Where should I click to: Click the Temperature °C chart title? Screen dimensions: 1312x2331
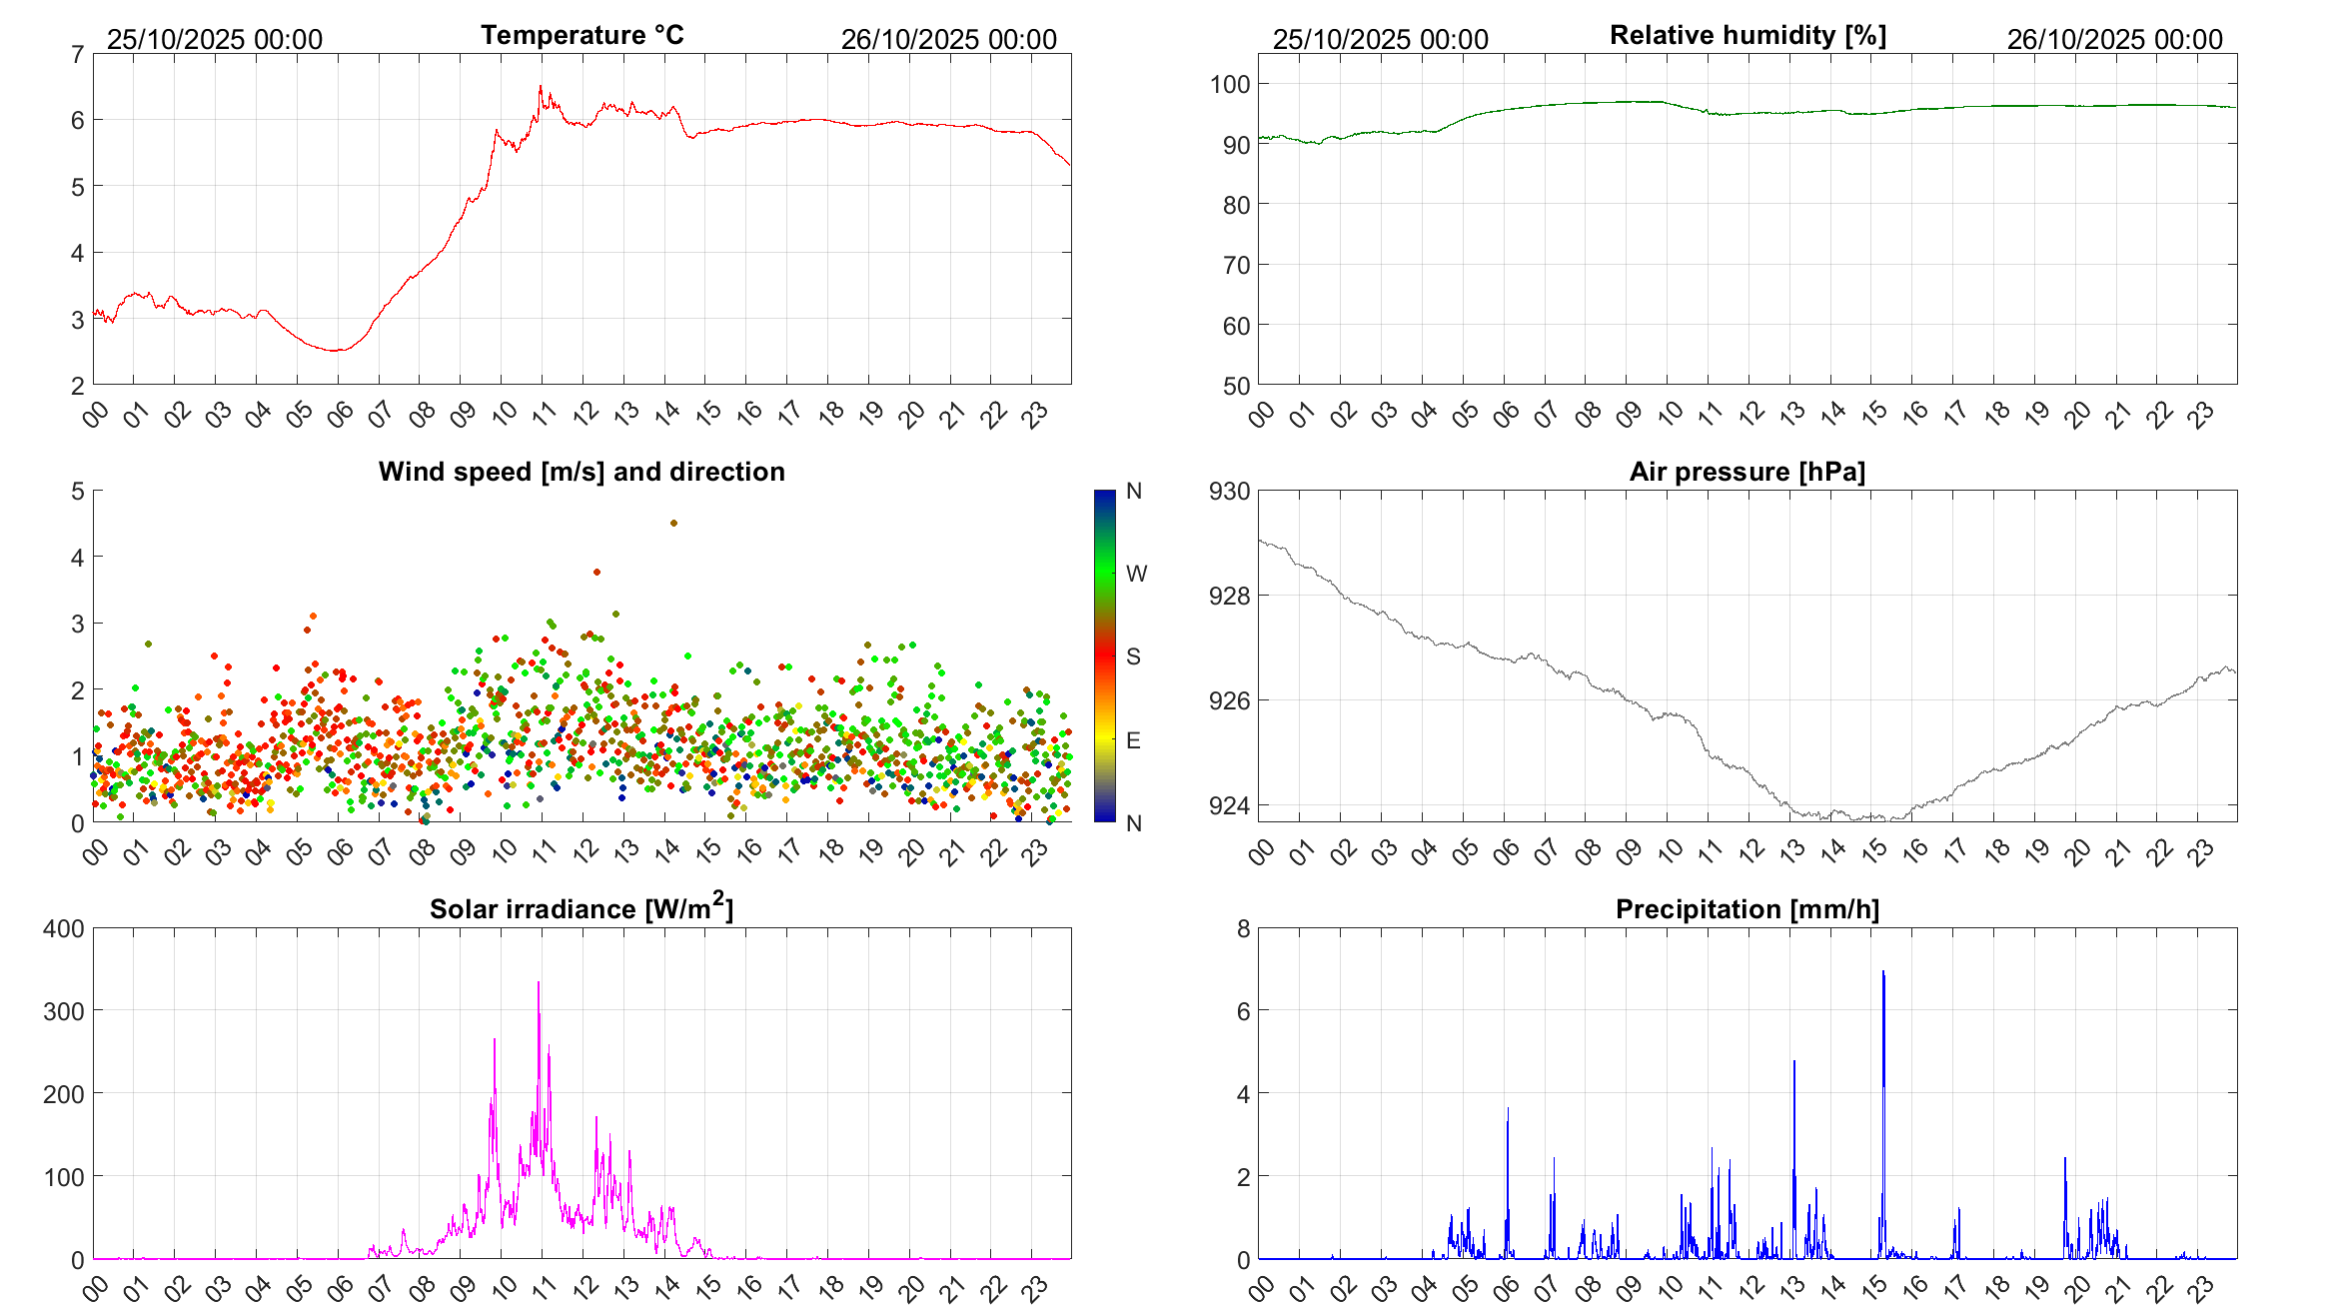(x=583, y=35)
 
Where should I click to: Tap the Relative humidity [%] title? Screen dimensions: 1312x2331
(x=1748, y=35)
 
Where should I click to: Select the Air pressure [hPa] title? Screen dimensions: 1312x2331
(x=1748, y=472)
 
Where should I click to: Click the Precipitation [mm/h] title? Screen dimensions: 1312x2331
(x=1748, y=909)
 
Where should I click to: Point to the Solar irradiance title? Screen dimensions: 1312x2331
(x=582, y=908)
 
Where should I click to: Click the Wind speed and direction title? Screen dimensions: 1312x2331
(x=582, y=472)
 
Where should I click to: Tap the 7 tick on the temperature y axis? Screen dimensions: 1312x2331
(x=77, y=54)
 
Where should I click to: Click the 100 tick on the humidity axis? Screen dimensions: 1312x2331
(x=1230, y=84)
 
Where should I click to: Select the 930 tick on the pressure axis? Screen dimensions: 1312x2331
(x=1230, y=491)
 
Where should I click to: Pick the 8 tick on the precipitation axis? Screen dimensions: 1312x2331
(x=1243, y=928)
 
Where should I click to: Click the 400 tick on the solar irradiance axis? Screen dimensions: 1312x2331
(x=64, y=928)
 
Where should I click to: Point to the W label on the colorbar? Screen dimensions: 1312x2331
(x=1136, y=574)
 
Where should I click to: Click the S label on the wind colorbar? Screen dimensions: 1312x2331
(x=1133, y=656)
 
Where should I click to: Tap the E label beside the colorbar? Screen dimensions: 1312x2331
(x=1133, y=740)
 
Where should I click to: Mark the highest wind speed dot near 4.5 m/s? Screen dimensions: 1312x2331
(x=673, y=523)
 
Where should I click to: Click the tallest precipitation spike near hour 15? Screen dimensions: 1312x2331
(x=1883, y=971)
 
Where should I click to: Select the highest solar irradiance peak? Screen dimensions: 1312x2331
(x=539, y=982)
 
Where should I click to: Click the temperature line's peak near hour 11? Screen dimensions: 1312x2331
(x=541, y=87)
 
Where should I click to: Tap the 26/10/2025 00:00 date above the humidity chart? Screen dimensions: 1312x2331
(x=2114, y=39)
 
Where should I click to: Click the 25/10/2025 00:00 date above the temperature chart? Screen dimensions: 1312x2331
(x=215, y=39)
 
